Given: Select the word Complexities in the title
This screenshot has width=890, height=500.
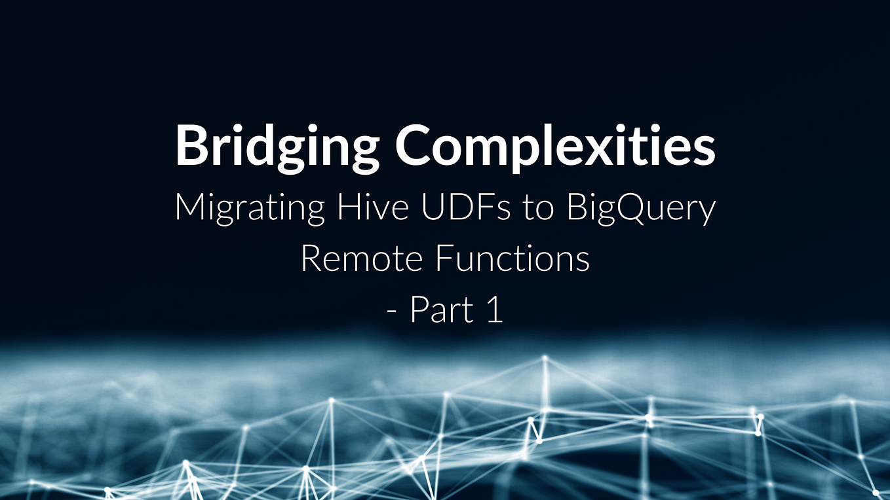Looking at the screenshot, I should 555,145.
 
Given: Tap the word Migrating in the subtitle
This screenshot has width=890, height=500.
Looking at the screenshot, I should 250,208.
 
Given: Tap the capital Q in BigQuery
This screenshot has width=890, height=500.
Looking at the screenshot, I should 639,208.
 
